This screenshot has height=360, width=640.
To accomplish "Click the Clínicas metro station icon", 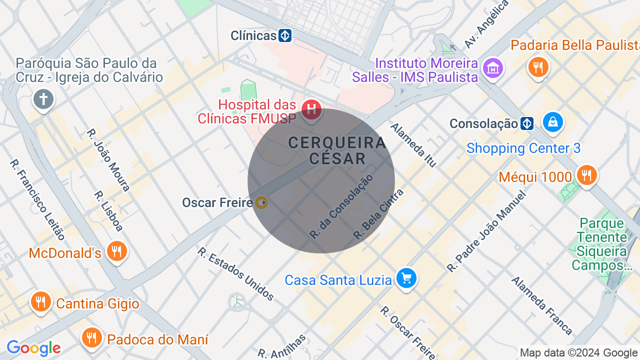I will tap(285, 35).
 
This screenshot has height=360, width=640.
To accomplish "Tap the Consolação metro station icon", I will tap(526, 123).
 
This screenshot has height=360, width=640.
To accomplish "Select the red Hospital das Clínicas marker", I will tap(311, 108).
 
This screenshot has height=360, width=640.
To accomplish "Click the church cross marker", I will tap(43, 98).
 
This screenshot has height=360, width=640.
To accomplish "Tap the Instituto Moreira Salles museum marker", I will tap(493, 67).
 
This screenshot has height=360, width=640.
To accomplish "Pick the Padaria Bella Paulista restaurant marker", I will tap(538, 66).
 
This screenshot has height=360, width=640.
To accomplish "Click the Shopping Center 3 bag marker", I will tap(553, 122).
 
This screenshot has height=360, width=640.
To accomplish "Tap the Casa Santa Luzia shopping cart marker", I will tap(406, 278).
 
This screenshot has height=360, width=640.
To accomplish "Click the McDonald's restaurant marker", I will tap(117, 251).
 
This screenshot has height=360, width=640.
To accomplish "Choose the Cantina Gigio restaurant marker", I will tap(41, 302).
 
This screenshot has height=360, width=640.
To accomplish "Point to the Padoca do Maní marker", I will tap(91, 337).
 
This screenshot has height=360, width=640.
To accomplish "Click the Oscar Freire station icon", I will tap(261, 202).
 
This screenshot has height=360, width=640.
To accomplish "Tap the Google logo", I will tap(33, 348).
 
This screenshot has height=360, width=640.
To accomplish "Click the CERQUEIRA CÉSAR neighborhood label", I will tap(337, 150).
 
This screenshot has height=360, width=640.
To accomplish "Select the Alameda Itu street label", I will tap(413, 145).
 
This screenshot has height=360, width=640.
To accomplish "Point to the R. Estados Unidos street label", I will tap(235, 274).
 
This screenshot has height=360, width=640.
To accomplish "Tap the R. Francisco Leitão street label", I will tap(37, 199).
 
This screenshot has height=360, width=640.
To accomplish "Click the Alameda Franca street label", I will tap(541, 305).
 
